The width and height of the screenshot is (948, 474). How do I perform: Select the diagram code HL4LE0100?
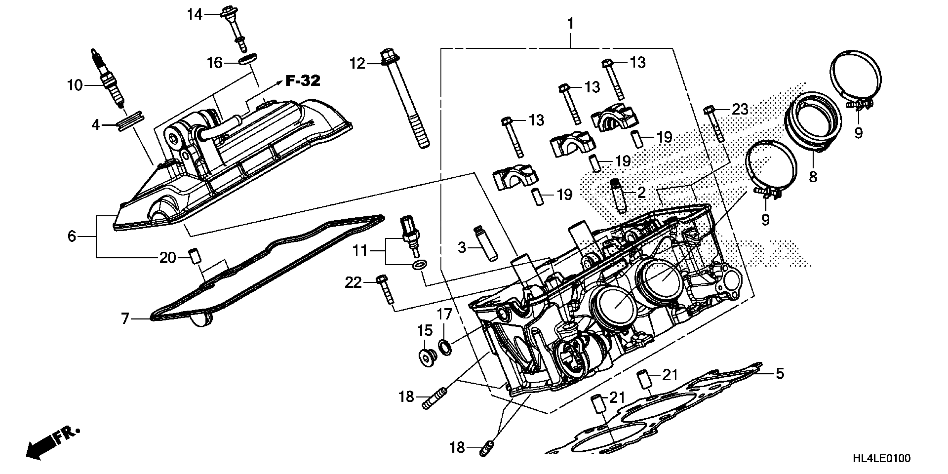881,458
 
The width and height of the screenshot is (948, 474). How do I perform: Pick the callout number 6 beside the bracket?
72,236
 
